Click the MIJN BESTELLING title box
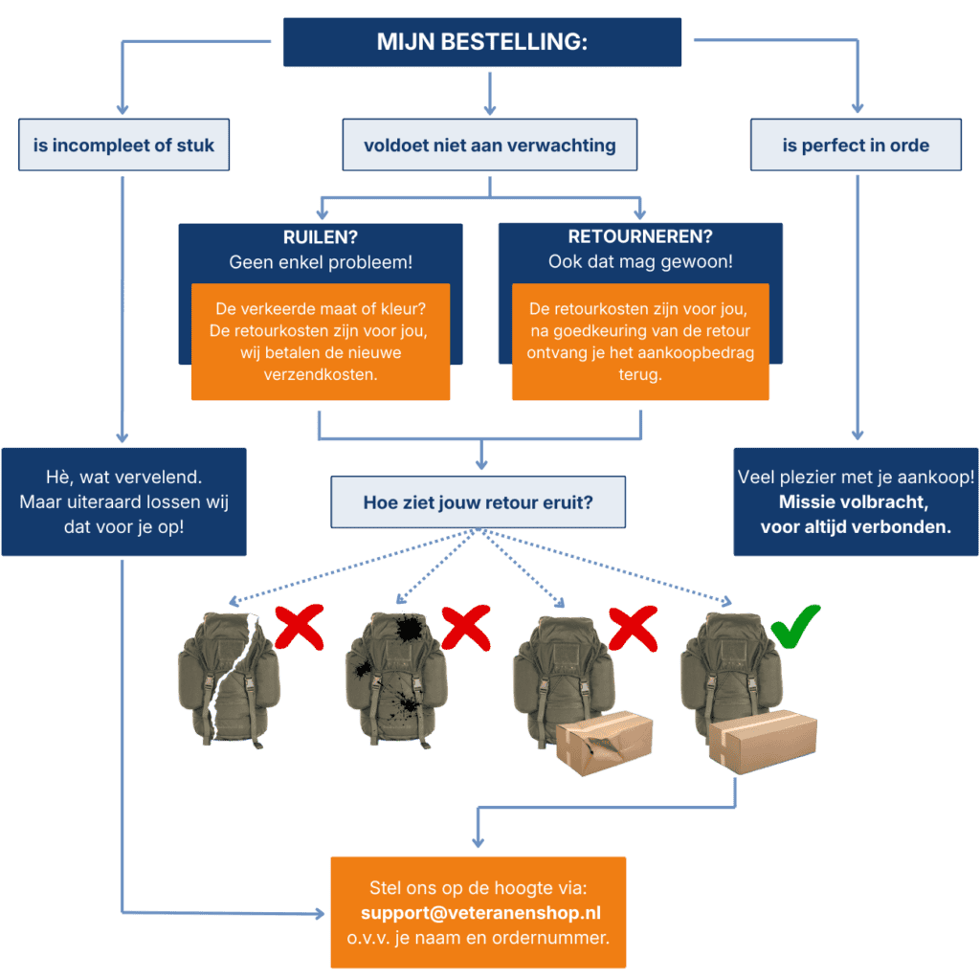pyautogui.click(x=482, y=42)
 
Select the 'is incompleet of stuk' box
pyautogui.click(x=124, y=145)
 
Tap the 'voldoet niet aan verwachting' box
pyautogui.click(x=489, y=145)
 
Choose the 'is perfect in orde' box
pyautogui.click(x=856, y=145)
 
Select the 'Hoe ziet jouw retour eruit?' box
pyautogui.click(x=478, y=501)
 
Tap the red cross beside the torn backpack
pyautogui.click(x=298, y=628)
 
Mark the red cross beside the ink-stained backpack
pyautogui.click(x=464, y=629)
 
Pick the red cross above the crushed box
pyautogui.click(x=631, y=629)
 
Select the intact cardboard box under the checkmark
pyautogui.click(x=762, y=742)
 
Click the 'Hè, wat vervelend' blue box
pyautogui.click(x=123, y=501)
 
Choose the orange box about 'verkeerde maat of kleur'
pyautogui.click(x=321, y=341)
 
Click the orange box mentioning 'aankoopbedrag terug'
pyautogui.click(x=640, y=341)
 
